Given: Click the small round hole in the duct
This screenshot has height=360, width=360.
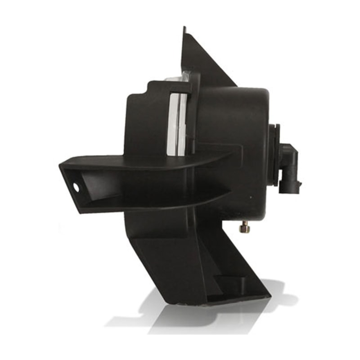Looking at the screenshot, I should point(74,184).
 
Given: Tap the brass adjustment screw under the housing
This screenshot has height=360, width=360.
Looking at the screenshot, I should point(246,229).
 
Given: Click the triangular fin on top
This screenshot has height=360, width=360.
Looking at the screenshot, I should point(202,63).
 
